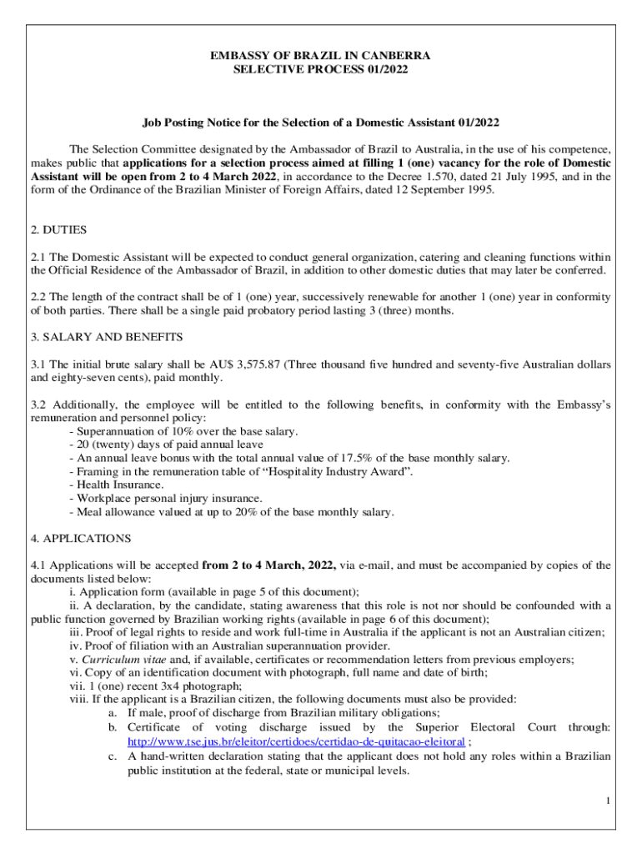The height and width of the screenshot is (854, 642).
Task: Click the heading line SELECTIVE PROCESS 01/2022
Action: pyautogui.click(x=320, y=70)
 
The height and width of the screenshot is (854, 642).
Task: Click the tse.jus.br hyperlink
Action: pyautogui.click(x=296, y=741)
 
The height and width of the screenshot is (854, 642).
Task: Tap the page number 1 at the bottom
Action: pyautogui.click(x=609, y=801)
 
